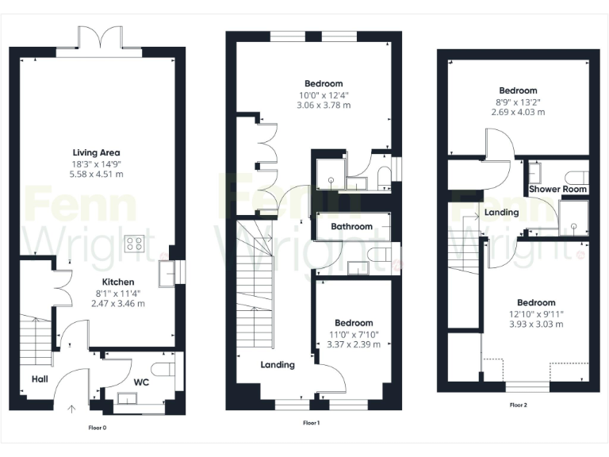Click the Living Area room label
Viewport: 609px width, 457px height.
pyautogui.click(x=96, y=152)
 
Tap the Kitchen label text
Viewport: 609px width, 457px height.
pyautogui.click(x=117, y=282)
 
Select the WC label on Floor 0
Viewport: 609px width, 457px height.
pyautogui.click(x=141, y=382)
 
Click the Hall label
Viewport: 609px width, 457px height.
pyautogui.click(x=40, y=379)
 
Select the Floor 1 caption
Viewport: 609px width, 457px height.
pyautogui.click(x=312, y=423)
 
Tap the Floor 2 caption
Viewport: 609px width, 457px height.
pyautogui.click(x=519, y=405)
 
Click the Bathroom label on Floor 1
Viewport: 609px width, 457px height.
pyautogui.click(x=351, y=227)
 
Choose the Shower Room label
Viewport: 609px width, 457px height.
pyautogui.click(x=558, y=190)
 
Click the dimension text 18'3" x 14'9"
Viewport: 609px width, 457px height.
pyautogui.click(x=96, y=163)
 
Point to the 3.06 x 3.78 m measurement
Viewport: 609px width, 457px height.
pyautogui.click(x=324, y=105)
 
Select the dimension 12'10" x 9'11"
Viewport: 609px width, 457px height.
pyautogui.click(x=536, y=313)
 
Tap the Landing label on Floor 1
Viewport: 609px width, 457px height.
pyautogui.click(x=278, y=365)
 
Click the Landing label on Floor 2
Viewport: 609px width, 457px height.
pyautogui.click(x=502, y=213)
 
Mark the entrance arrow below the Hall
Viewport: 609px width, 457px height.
pyautogui.click(x=72, y=409)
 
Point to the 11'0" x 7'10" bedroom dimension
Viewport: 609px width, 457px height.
pyautogui.click(x=354, y=334)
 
